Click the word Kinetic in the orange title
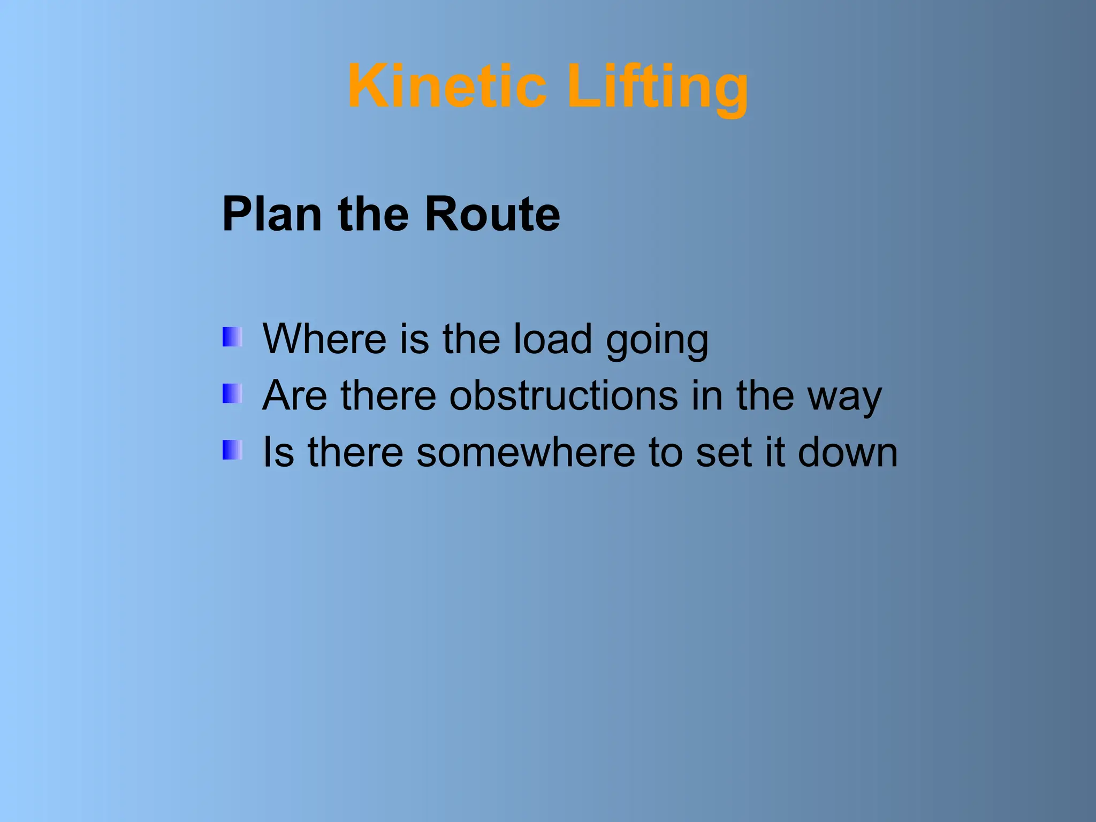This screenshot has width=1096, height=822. pos(447,87)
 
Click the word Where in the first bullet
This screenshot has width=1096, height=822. pos(324,339)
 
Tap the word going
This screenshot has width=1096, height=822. pos(657,342)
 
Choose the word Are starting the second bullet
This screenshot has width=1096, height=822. pos(294,395)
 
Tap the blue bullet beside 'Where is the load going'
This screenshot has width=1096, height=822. pos(232,337)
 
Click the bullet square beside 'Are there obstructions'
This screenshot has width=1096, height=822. pos(232,394)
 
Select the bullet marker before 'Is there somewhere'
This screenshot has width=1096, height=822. pos(232,450)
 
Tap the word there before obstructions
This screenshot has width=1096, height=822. pos(389,395)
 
